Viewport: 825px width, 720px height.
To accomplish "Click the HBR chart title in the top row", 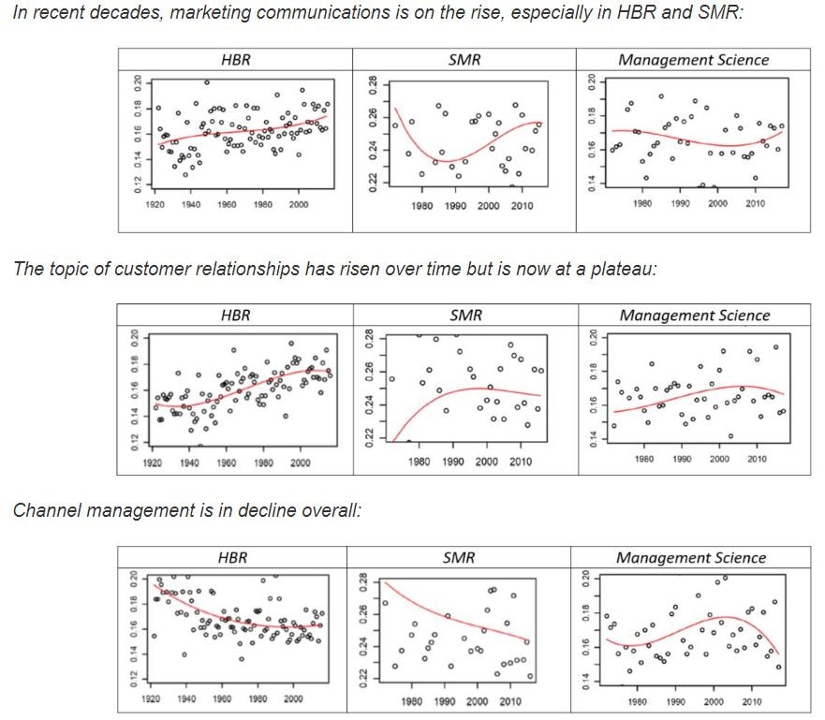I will [236, 59].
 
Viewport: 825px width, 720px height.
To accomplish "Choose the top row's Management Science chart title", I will [693, 59].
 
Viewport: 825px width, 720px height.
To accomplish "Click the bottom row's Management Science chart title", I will [691, 557].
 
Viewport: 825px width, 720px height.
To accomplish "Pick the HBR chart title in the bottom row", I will [232, 557].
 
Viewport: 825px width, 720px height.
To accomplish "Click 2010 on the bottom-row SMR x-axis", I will [509, 701].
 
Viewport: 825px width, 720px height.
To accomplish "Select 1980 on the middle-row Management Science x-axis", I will [643, 459].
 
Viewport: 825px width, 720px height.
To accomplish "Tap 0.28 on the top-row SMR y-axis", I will [372, 86].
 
